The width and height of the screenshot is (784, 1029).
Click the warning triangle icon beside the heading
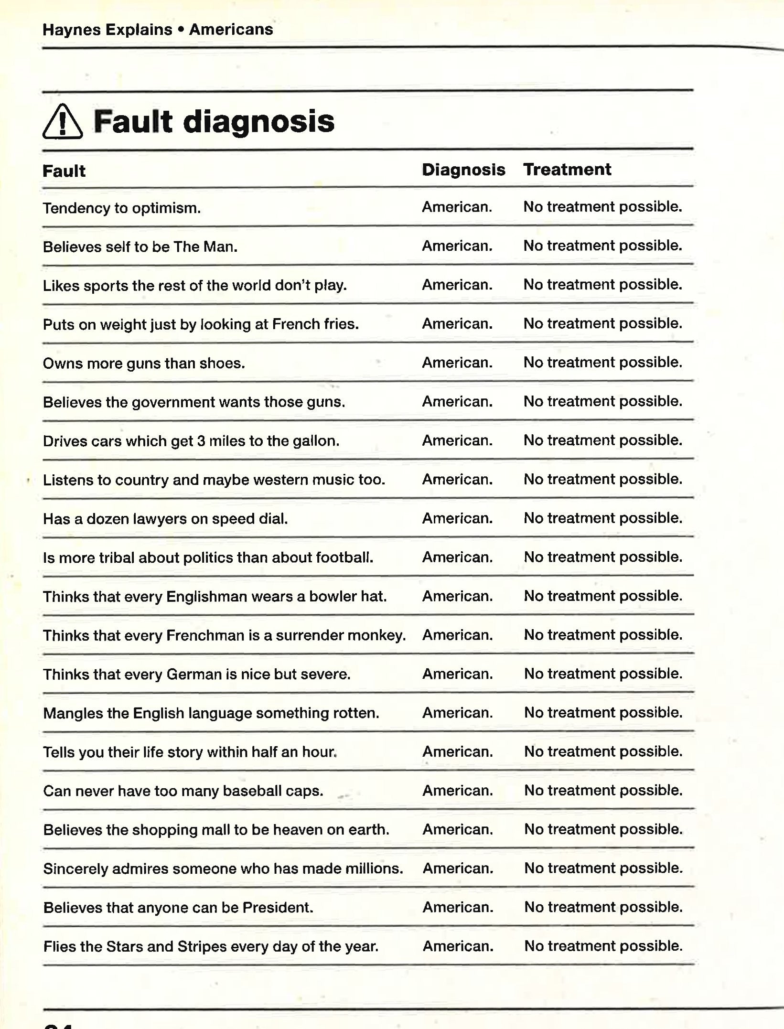pyautogui.click(x=62, y=122)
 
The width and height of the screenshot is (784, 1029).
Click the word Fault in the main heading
pyautogui.click(x=132, y=121)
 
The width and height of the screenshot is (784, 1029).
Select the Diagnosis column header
pyautogui.click(x=463, y=170)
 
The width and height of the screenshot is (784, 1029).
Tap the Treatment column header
pyautogui.click(x=567, y=170)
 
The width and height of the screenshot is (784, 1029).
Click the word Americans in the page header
pyautogui.click(x=231, y=30)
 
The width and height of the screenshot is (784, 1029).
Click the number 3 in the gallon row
pyautogui.click(x=201, y=441)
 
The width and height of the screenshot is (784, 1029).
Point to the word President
pyautogui.click(x=278, y=908)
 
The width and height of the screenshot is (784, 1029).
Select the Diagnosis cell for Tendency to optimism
pyautogui.click(x=457, y=207)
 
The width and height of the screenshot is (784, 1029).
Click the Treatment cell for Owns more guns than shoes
pyautogui.click(x=603, y=363)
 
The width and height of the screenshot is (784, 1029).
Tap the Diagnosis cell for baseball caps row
pyautogui.click(x=457, y=791)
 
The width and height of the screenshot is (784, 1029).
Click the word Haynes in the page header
pyautogui.click(x=72, y=30)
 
